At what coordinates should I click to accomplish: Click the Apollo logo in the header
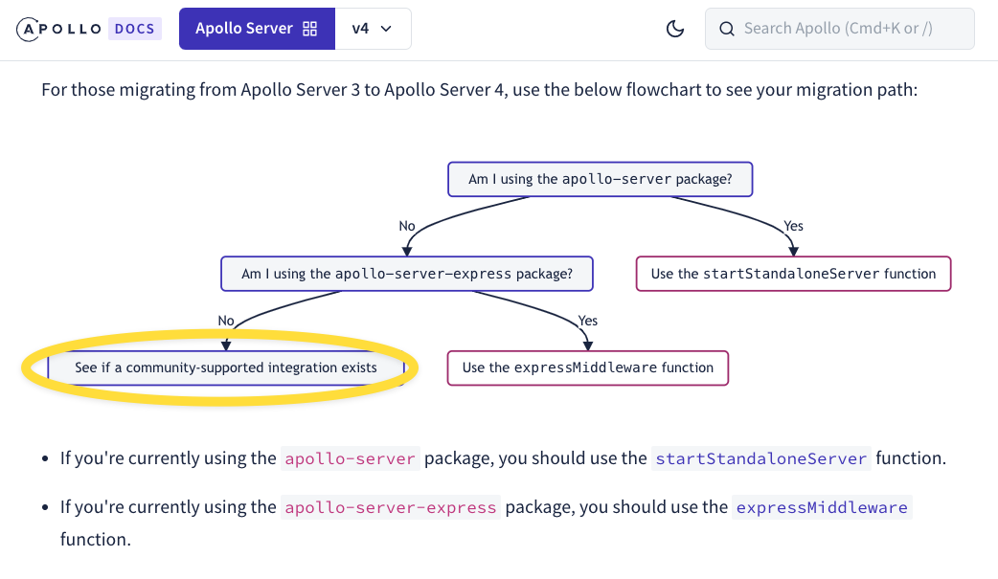(x=58, y=30)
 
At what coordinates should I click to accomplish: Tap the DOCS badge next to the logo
(x=135, y=29)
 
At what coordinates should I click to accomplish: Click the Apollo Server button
(x=257, y=29)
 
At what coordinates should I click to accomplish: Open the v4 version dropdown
(x=373, y=29)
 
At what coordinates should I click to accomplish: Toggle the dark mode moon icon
(x=675, y=29)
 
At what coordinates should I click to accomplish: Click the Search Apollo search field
(x=840, y=29)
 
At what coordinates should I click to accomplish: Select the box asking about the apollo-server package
(x=601, y=179)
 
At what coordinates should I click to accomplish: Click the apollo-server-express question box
(x=407, y=274)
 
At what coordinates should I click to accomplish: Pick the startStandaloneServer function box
(x=793, y=274)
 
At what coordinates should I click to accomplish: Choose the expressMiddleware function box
(x=587, y=367)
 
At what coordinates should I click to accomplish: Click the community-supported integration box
(x=226, y=367)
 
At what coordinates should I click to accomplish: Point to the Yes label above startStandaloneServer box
(x=794, y=226)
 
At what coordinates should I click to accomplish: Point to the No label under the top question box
(x=407, y=226)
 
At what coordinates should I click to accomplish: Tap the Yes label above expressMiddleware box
(x=587, y=321)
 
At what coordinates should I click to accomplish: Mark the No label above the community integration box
(x=226, y=321)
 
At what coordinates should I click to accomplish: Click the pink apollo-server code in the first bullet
(x=350, y=458)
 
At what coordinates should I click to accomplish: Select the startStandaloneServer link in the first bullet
(x=761, y=458)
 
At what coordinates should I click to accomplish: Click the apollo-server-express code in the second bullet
(x=390, y=508)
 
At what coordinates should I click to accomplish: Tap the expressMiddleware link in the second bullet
(x=822, y=508)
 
